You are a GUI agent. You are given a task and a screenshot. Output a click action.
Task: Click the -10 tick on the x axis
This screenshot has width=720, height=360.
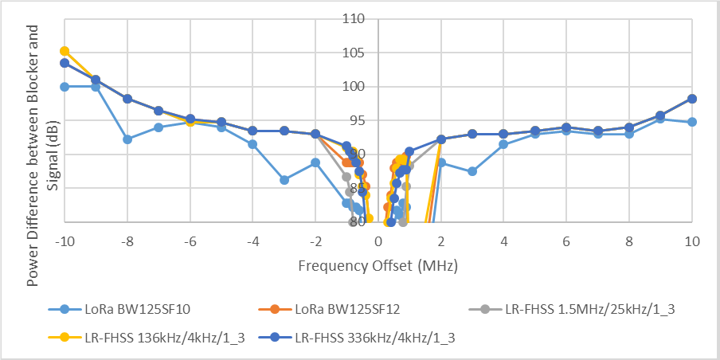[x=65, y=241]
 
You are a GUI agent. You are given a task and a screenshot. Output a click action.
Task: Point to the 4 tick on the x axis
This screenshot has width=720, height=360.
[x=504, y=241]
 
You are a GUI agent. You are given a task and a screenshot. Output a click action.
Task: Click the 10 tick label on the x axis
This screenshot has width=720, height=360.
[x=692, y=241]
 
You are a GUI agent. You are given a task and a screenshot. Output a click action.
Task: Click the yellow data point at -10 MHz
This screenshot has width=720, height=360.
[x=65, y=51]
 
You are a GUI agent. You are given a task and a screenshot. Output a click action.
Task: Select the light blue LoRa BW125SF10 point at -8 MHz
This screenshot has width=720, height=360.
[x=127, y=139]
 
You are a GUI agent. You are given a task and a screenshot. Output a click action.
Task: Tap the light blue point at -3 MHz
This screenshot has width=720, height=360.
[x=284, y=180]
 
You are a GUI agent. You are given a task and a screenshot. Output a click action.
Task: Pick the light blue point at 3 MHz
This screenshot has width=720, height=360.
[x=472, y=171]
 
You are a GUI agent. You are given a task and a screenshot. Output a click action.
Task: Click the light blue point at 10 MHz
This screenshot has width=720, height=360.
[x=692, y=122]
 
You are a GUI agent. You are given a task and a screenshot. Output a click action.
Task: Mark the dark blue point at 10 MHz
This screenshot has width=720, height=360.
[x=692, y=99]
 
